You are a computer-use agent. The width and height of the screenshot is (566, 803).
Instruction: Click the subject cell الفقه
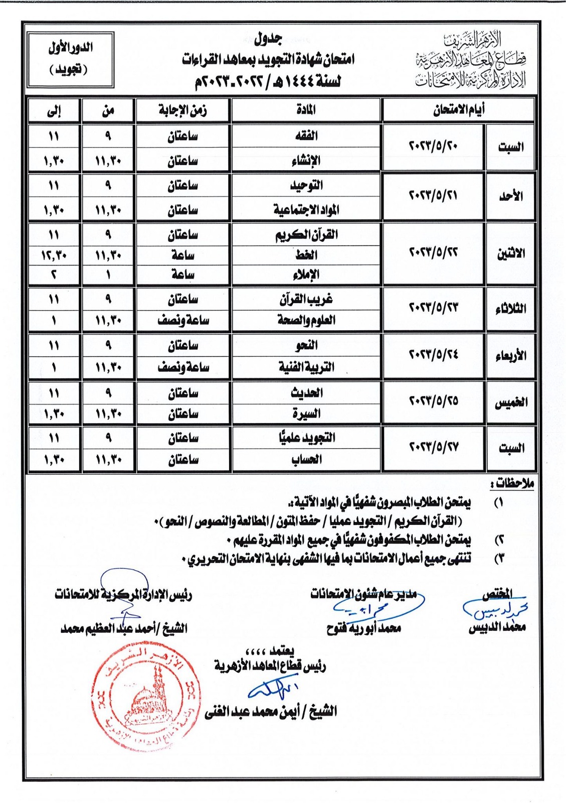click(306, 136)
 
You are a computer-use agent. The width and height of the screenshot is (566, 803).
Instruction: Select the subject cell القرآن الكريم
click(306, 234)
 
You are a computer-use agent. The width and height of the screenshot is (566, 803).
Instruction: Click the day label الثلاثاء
click(510, 308)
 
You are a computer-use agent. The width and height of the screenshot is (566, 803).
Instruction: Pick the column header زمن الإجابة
click(183, 110)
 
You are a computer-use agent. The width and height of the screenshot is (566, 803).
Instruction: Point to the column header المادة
click(306, 110)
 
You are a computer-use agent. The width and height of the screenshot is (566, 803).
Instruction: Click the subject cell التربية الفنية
click(306, 367)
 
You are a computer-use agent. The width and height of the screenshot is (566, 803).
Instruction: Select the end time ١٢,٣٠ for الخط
click(54, 255)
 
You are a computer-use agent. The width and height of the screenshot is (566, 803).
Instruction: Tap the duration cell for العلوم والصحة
click(183, 320)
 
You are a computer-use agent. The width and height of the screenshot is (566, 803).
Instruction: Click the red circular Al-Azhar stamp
click(145, 698)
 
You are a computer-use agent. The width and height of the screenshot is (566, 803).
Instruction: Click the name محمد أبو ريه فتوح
click(363, 628)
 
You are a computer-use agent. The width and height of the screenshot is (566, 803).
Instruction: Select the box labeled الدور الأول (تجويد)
click(71, 59)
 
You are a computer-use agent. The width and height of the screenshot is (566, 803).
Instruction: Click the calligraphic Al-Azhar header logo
click(471, 60)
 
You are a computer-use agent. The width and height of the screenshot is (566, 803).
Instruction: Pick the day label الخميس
click(510, 403)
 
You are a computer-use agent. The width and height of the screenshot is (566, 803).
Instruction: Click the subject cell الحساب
click(306, 459)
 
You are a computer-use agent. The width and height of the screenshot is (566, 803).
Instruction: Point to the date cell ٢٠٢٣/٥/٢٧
click(434, 447)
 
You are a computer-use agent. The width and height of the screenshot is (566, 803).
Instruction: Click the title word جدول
click(268, 39)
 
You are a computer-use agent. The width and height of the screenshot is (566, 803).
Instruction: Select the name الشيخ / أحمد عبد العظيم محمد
click(124, 628)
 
